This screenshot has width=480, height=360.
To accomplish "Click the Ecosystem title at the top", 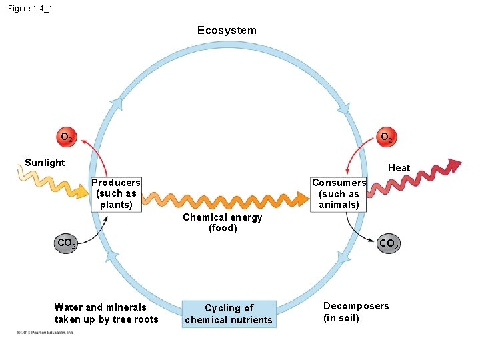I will pyautogui.click(x=227, y=31).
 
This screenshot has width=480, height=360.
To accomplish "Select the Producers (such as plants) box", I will pyautogui.click(x=116, y=194).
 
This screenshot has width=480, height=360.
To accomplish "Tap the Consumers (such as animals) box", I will pyautogui.click(x=339, y=194).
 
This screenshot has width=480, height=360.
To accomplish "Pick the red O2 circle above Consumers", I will pyautogui.click(x=386, y=138).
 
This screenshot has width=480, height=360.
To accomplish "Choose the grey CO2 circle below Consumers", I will pyautogui.click(x=388, y=244).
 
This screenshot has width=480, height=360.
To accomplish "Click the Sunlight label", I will pyautogui.click(x=45, y=163).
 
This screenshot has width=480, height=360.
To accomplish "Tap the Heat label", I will pyautogui.click(x=399, y=168).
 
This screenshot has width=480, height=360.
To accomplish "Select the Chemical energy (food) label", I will pyautogui.click(x=223, y=223).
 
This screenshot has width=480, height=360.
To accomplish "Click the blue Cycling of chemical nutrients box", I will pyautogui.click(x=229, y=314).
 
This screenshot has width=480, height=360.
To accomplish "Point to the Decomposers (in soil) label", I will pyautogui.click(x=356, y=312).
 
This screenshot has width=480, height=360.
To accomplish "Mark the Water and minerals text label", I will pyautogui.click(x=107, y=313).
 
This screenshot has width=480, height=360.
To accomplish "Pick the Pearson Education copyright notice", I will pyautogui.click(x=41, y=332).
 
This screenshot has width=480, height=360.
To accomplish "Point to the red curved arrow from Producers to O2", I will pyautogui.click(x=97, y=160).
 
